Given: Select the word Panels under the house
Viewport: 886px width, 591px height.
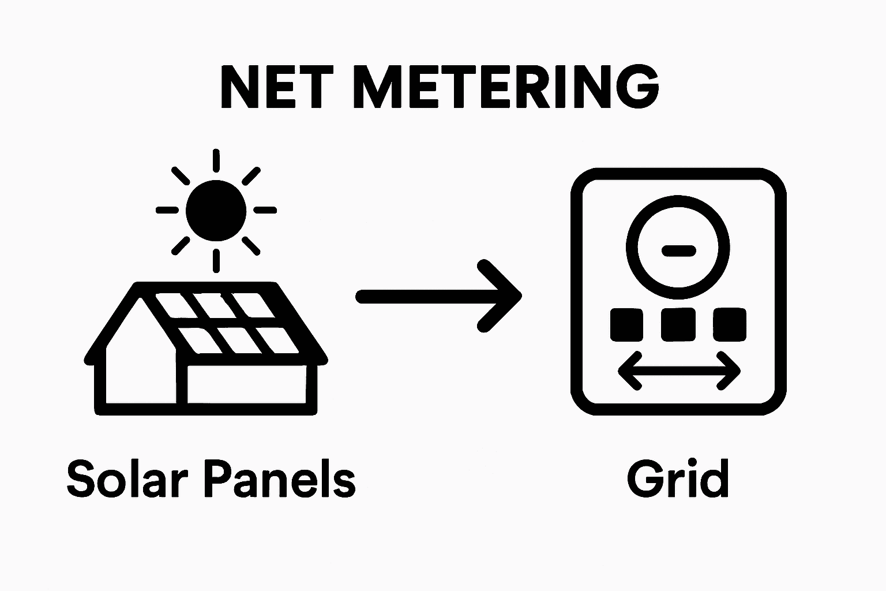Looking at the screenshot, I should pyautogui.click(x=280, y=479).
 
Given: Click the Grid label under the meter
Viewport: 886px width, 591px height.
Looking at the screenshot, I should pyautogui.click(x=678, y=479).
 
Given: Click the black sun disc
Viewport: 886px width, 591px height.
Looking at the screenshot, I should pyautogui.click(x=216, y=211).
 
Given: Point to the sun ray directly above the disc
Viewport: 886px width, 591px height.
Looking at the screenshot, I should pyautogui.click(x=216, y=160).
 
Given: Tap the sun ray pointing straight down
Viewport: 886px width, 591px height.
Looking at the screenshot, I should pyautogui.click(x=216, y=260).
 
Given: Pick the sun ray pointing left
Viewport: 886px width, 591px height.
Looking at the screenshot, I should pyautogui.click(x=167, y=211).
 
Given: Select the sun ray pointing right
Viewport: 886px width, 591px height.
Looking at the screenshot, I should pyautogui.click(x=265, y=211).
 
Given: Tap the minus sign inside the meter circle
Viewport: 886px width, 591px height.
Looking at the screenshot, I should pyautogui.click(x=679, y=250).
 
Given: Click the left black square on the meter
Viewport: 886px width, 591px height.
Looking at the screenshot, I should pyautogui.click(x=626, y=324).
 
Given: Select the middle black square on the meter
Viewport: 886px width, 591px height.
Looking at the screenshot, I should pyautogui.click(x=678, y=324).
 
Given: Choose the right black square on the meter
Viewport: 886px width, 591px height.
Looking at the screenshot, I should pyautogui.click(x=730, y=324).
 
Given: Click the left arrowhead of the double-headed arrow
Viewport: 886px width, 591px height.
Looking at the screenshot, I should pyautogui.click(x=626, y=371).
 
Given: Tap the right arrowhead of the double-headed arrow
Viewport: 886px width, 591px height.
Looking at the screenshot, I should pyautogui.click(x=733, y=371).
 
